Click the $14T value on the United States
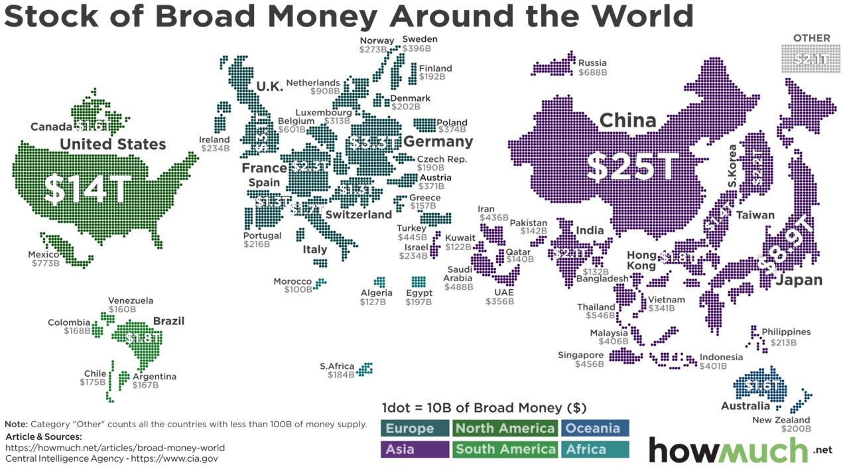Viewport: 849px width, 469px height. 87,190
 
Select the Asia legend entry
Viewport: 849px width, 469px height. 415,449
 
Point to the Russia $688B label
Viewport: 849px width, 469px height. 592,68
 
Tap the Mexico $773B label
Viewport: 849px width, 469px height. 45,259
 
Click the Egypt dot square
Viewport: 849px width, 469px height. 419,282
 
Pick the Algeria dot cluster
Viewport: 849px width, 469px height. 379,282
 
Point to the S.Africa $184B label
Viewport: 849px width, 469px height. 337,371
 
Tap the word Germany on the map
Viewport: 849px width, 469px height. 438,141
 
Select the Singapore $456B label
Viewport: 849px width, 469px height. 580,360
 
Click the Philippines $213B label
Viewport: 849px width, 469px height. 785,337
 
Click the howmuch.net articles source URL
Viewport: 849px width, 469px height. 115,448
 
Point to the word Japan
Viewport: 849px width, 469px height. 799,280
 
